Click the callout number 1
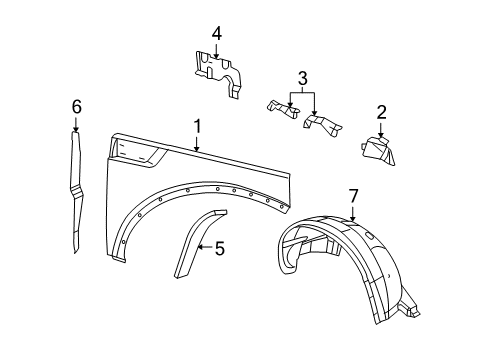click(x=197, y=127)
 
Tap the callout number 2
click(x=381, y=112)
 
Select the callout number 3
click(x=302, y=77)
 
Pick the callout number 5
click(x=219, y=248)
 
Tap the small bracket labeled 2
click(x=377, y=153)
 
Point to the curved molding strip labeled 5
click(x=193, y=250)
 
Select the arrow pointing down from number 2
click(x=381, y=127)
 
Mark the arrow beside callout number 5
click(x=204, y=247)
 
